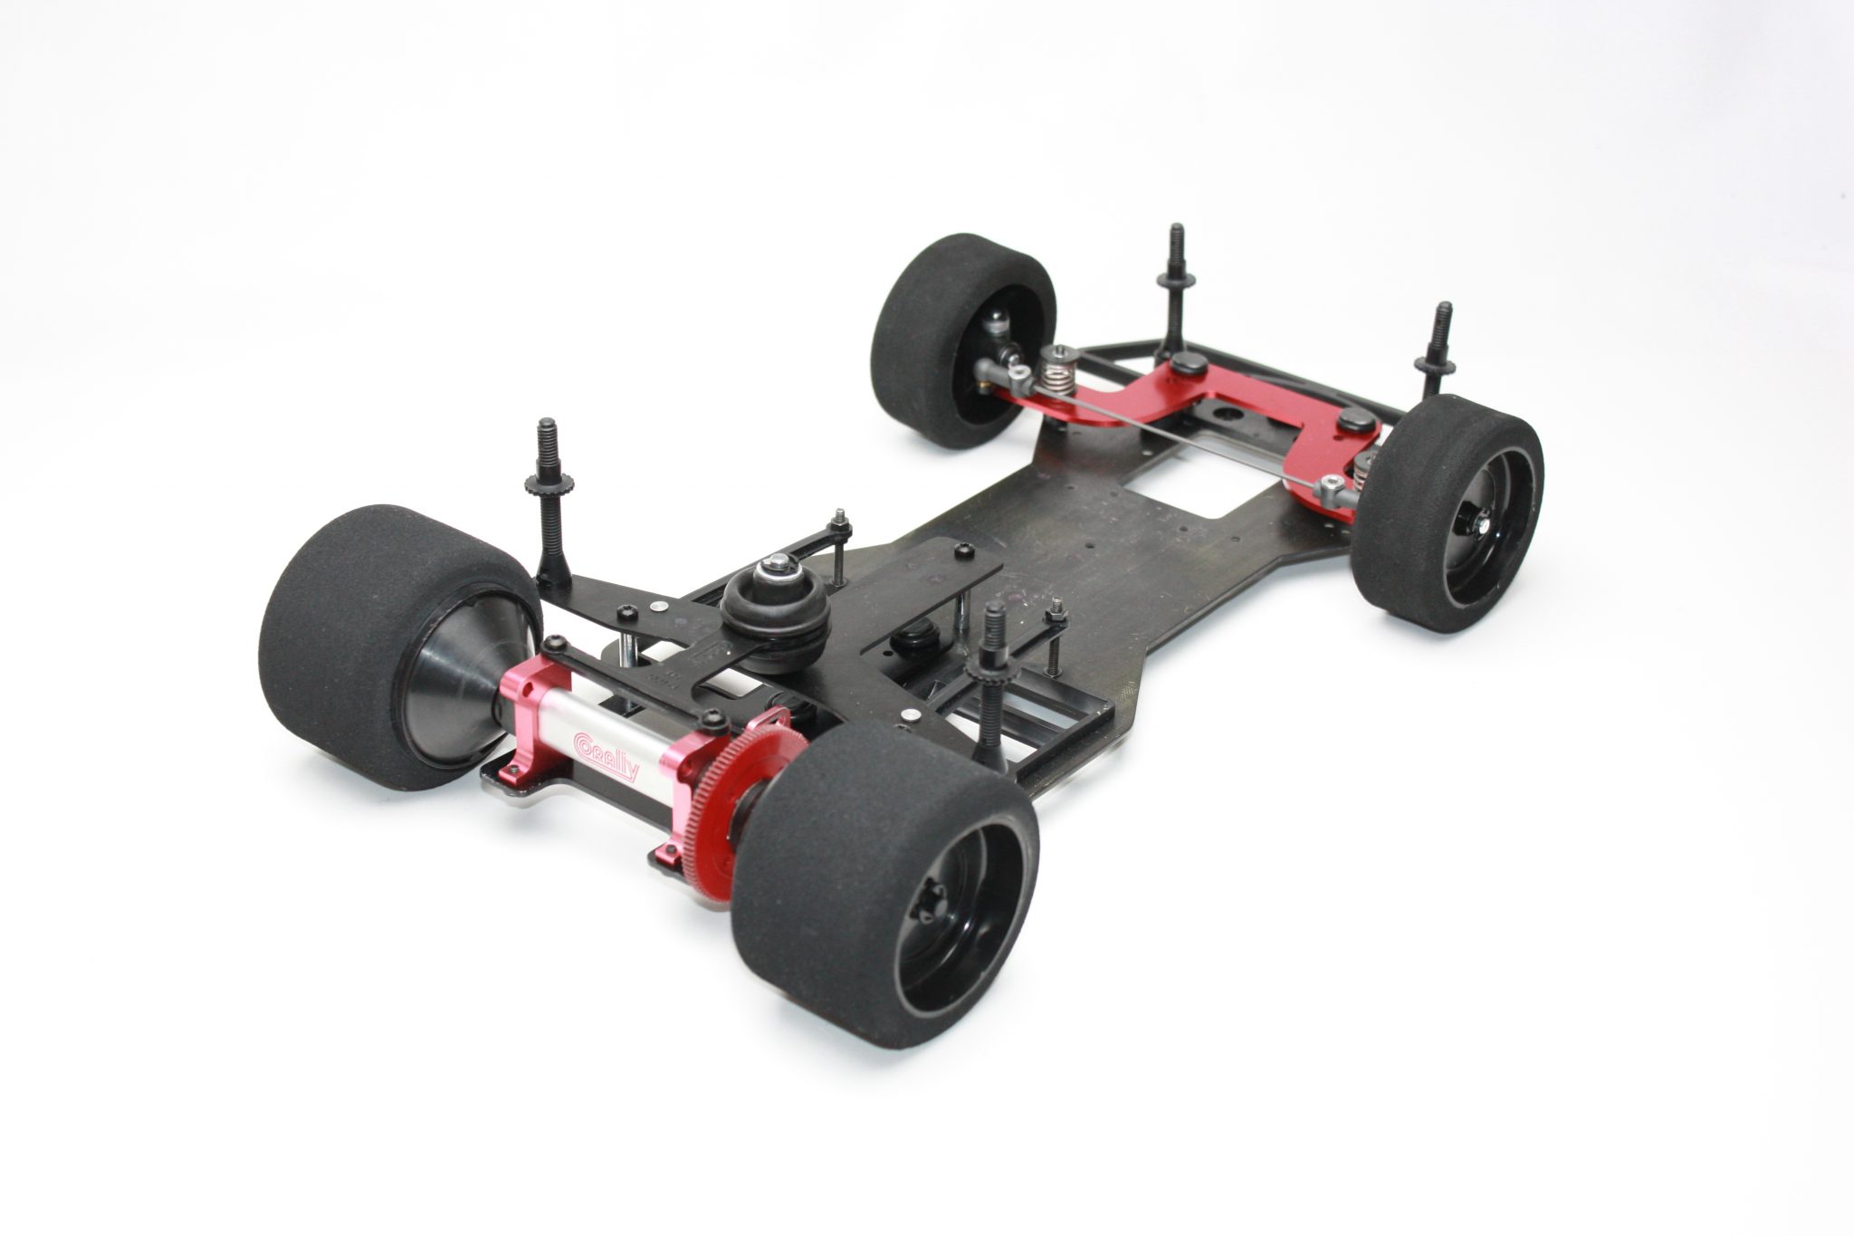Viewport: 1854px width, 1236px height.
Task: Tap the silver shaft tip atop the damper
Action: (x=775, y=565)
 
